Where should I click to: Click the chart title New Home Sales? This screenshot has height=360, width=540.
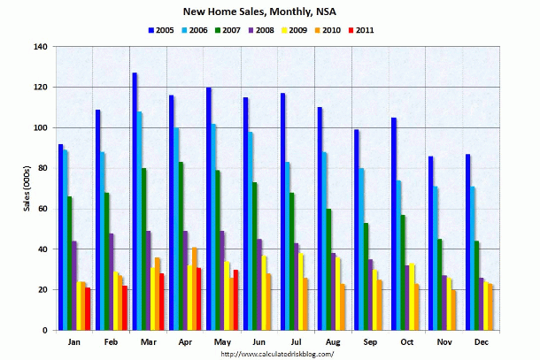270,13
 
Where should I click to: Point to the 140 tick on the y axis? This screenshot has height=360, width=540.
40,47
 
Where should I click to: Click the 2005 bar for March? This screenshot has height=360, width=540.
135,202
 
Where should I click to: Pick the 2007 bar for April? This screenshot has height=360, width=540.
181,246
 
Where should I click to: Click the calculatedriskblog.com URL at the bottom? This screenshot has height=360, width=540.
277,354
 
